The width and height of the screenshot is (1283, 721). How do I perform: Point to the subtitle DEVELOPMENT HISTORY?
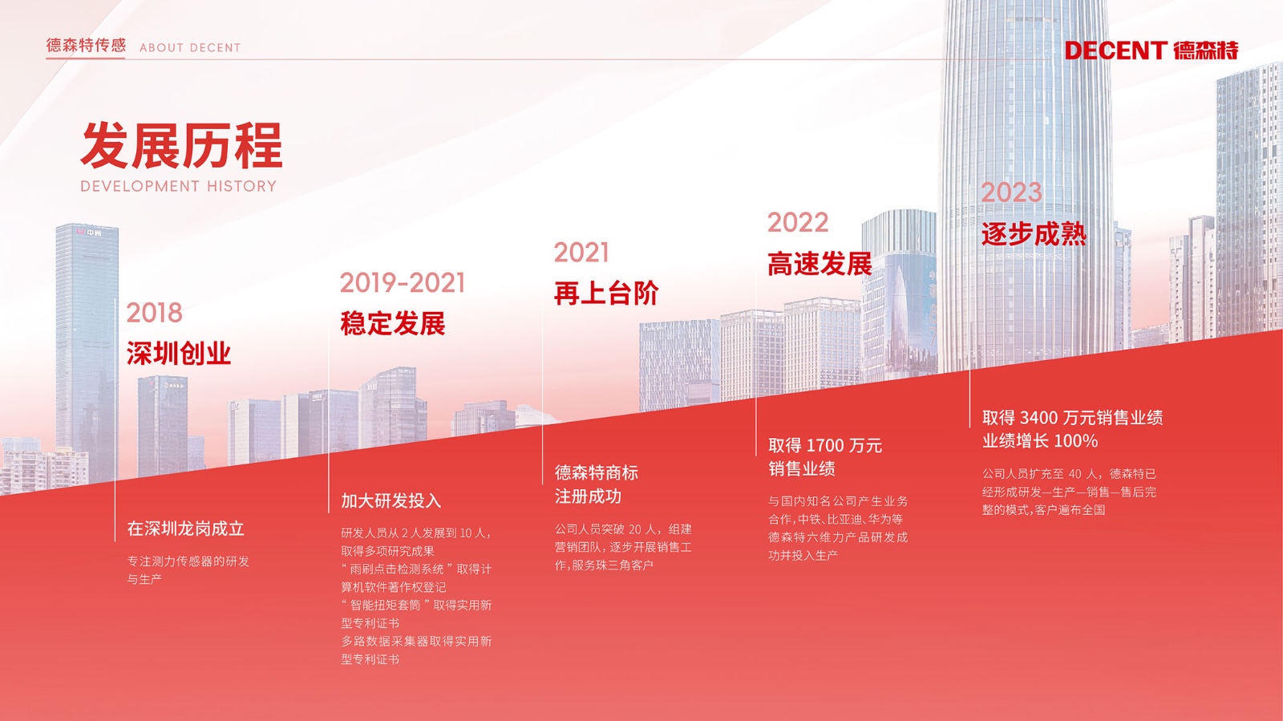click(179, 186)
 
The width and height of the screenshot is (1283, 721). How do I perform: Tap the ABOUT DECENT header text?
click(190, 47)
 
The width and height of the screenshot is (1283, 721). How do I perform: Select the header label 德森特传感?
click(86, 45)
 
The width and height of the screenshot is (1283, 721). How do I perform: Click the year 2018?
click(154, 313)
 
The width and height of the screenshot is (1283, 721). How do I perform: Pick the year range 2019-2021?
click(402, 283)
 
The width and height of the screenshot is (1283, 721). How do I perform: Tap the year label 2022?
click(798, 222)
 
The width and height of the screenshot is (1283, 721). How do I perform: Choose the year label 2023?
click(1011, 192)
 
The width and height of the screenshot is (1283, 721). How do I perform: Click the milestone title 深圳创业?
click(179, 354)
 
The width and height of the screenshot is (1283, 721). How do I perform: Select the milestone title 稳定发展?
click(393, 323)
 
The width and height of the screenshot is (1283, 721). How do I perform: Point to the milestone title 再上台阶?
click(606, 294)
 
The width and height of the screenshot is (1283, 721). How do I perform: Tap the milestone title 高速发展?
click(820, 264)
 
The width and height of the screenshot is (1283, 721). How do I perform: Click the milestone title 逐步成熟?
click(1034, 234)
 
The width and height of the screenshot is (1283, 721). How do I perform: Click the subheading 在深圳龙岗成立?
click(185, 529)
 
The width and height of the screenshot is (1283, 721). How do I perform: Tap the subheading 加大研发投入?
click(391, 501)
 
